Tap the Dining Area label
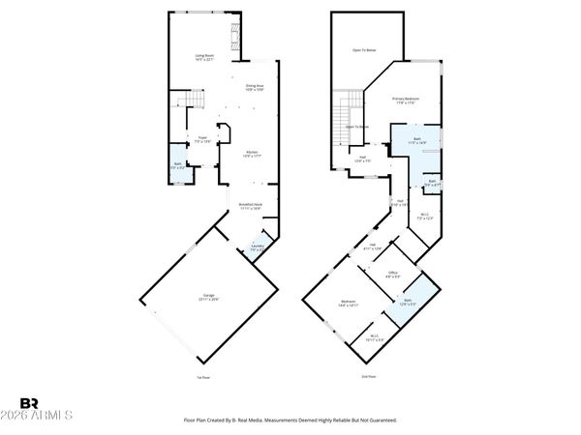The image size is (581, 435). click(x=254, y=88)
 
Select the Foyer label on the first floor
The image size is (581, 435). click(x=202, y=139)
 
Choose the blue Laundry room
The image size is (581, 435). click(x=258, y=247)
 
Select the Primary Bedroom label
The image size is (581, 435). click(x=405, y=101)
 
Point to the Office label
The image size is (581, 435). click(x=393, y=275)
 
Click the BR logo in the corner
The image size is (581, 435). click(x=29, y=403)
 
